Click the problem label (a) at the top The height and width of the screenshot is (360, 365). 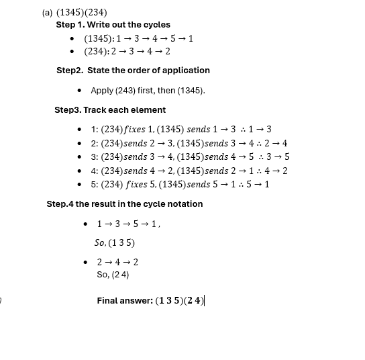click(x=47, y=12)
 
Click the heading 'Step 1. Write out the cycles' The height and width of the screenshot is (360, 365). click(x=113, y=25)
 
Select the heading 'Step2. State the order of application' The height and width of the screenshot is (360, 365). click(x=133, y=71)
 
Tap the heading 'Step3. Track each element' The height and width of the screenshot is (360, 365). click(x=110, y=110)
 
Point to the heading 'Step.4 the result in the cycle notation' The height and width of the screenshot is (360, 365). click(x=124, y=204)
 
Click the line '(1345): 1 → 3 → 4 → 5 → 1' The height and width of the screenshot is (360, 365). click(x=138, y=39)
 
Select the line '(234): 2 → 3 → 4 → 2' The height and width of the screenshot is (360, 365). click(x=127, y=52)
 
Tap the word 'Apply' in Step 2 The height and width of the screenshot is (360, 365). click(x=102, y=91)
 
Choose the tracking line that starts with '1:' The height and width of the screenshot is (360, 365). click(x=181, y=130)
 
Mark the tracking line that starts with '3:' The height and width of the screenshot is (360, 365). click(x=190, y=156)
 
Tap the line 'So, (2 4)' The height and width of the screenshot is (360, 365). click(x=113, y=275)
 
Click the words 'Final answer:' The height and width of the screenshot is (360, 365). click(x=125, y=301)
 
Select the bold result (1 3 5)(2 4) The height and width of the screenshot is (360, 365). click(x=179, y=301)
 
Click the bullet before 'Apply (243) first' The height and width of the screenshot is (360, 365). click(x=80, y=91)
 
